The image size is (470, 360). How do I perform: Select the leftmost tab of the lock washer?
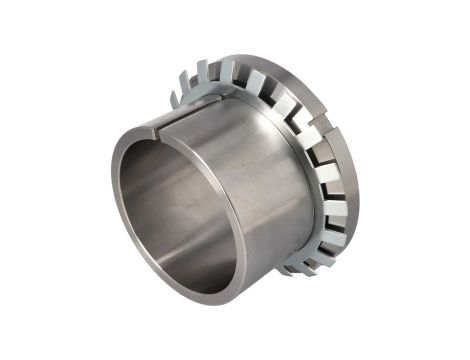click(177, 97)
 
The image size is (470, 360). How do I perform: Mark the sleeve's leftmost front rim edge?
click(113, 205)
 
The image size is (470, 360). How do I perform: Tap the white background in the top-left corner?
click(20, 20)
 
